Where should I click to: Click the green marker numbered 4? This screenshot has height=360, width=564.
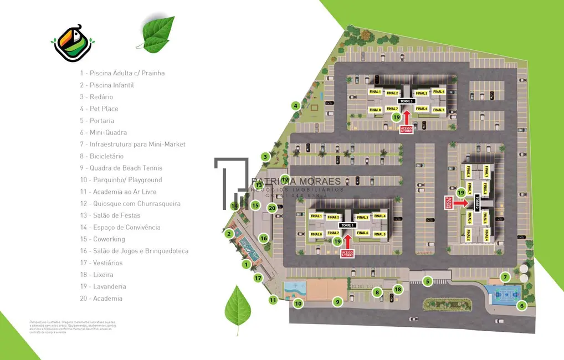(296, 106)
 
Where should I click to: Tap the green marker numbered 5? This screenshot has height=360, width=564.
(427, 281)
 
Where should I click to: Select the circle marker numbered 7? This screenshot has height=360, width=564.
(505, 277)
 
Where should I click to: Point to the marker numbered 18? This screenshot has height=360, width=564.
(398, 289)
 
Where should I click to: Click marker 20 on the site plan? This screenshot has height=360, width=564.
(271, 208)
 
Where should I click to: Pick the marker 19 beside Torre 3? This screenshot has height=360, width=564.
(396, 117)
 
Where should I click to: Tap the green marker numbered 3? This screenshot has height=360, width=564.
(265, 157)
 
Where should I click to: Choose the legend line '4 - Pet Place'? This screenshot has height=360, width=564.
(99, 109)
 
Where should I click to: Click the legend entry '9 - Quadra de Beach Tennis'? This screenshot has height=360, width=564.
(121, 168)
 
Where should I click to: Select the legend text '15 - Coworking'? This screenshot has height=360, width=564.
(102, 239)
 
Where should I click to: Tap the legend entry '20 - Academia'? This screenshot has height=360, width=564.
(100, 299)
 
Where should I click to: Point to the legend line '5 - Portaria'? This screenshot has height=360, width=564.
(97, 121)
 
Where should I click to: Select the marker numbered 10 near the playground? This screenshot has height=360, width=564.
(298, 303)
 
